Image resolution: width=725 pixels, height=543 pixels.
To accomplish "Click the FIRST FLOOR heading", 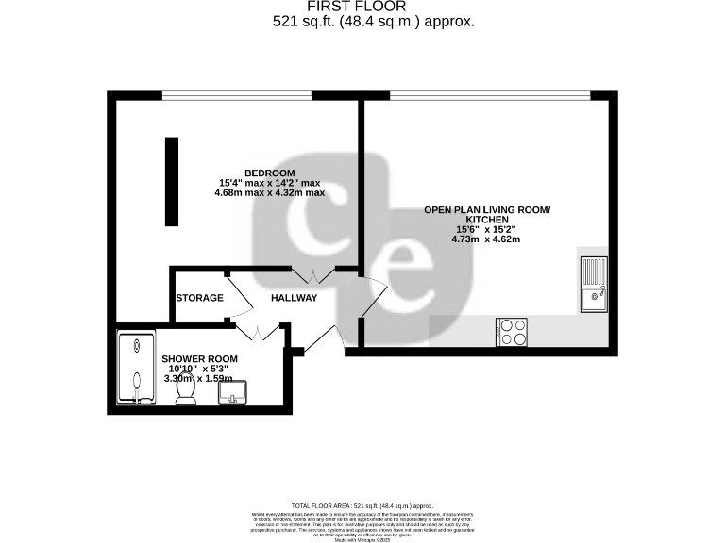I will click(x=362, y=6).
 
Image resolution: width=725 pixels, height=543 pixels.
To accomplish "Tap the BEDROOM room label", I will click(x=269, y=172).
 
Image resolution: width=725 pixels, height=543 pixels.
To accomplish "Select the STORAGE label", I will click(x=199, y=298).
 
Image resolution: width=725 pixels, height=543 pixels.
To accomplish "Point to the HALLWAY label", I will click(x=294, y=298).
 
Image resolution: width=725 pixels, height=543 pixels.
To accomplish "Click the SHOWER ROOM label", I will click(x=199, y=359).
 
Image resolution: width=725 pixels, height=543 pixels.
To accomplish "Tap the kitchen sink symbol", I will click(x=595, y=284).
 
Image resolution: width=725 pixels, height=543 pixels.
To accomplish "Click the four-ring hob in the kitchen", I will click(x=513, y=332).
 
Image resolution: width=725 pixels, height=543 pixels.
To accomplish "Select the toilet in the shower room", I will click(x=186, y=389).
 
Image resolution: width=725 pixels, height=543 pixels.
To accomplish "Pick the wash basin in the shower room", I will click(x=233, y=392).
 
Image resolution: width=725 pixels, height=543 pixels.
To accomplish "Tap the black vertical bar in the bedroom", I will click(x=172, y=181).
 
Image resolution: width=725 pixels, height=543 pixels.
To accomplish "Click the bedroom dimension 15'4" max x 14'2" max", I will click(x=269, y=183).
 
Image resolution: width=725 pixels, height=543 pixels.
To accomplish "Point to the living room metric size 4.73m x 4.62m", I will click(x=486, y=239).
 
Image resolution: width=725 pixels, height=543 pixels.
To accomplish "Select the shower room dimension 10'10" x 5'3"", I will click(x=199, y=369).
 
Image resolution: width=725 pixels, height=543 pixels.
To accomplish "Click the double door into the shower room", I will click(x=258, y=332).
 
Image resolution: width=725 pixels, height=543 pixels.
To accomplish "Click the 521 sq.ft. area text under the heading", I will click(x=362, y=20).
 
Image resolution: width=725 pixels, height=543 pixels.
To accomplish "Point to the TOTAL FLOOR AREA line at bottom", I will click(x=362, y=506).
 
